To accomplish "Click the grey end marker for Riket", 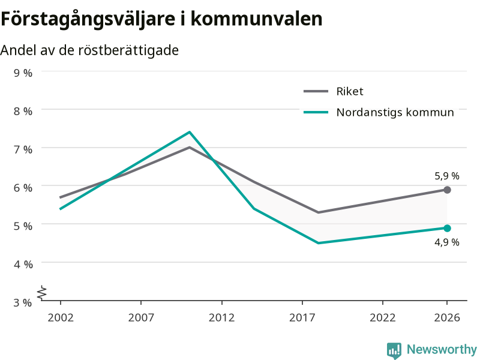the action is pyautogui.click(x=447, y=190).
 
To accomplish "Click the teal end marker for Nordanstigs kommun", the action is pyautogui.click(x=447, y=228).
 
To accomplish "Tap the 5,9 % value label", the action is pyautogui.click(x=446, y=176).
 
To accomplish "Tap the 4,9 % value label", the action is pyautogui.click(x=446, y=242).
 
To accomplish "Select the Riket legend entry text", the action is pyautogui.click(x=350, y=91).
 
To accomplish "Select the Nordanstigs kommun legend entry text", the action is pyautogui.click(x=395, y=112).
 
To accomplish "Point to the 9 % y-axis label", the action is pyautogui.click(x=23, y=73).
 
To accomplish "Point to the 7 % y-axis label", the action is pyautogui.click(x=23, y=149).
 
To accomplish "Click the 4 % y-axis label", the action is pyautogui.click(x=23, y=264).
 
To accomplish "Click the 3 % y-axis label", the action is pyautogui.click(x=23, y=302).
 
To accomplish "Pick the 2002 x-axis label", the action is pyautogui.click(x=61, y=317).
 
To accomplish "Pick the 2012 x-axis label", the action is pyautogui.click(x=221, y=317).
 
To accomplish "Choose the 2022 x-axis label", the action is pyautogui.click(x=383, y=317).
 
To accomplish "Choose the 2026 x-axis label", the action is pyautogui.click(x=447, y=317).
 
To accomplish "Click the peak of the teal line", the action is pyautogui.click(x=190, y=132).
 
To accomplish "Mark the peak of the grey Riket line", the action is pyautogui.click(x=190, y=147).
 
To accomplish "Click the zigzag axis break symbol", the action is pyautogui.click(x=42, y=293).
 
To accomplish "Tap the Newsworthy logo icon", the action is pyautogui.click(x=394, y=350).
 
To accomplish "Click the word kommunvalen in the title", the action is pyautogui.click(x=257, y=19).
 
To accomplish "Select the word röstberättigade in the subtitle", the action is pyautogui.click(x=128, y=50).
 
